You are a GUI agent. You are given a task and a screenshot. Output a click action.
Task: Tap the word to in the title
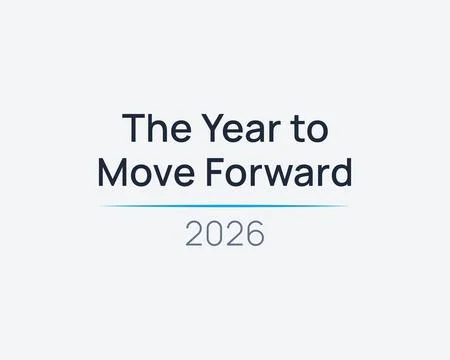pyautogui.click(x=308, y=129)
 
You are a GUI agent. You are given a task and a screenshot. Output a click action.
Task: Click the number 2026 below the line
pyautogui.click(x=225, y=233)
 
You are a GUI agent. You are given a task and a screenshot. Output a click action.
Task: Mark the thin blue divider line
pyautogui.click(x=225, y=206)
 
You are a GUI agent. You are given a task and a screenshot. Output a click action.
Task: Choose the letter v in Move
pyautogui.click(x=157, y=175)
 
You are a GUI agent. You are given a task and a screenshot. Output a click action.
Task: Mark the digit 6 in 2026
pyautogui.click(x=255, y=233)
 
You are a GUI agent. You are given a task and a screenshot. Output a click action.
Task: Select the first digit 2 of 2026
pyautogui.click(x=195, y=233)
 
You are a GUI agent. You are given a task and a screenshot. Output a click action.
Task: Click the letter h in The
pyautogui.click(x=153, y=129)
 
